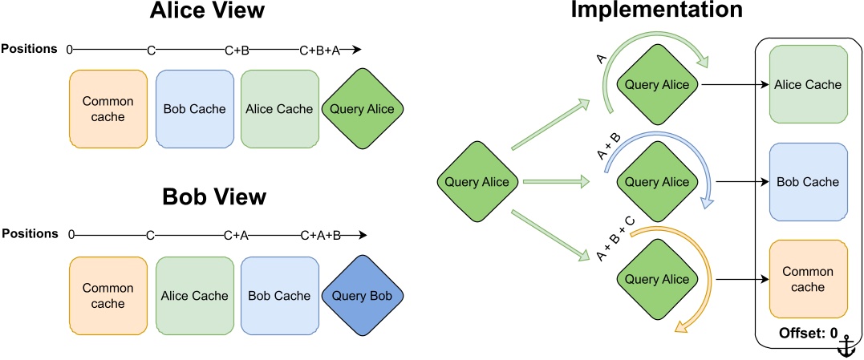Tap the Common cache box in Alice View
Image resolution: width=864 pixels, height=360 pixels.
coord(108,109)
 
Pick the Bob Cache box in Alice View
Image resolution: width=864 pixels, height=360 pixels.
coord(194,109)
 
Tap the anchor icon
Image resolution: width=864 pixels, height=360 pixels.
coord(846,346)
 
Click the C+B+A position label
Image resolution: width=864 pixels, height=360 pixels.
coord(319,51)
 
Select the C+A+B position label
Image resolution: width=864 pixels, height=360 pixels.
coord(320,236)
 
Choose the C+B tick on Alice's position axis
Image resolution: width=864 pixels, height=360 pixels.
coord(237,51)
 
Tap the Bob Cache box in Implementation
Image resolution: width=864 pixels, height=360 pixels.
coord(809,182)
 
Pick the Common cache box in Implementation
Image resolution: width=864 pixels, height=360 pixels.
coord(809,279)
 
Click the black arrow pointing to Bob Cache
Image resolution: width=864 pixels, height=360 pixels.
coord(738,182)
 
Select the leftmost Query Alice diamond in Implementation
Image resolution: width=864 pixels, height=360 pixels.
coord(477,182)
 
